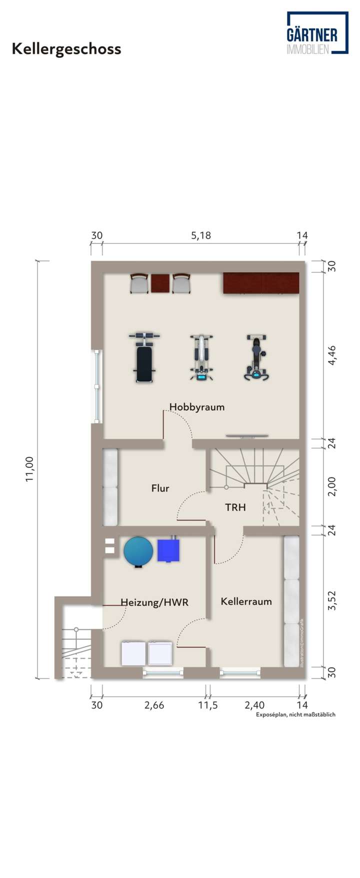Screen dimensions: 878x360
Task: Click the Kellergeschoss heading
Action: [66, 49]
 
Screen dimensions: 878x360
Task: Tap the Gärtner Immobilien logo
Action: [317, 34]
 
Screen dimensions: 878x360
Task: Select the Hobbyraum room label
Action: [197, 407]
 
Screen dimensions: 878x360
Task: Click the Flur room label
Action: [160, 488]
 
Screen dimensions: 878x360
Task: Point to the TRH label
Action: [235, 507]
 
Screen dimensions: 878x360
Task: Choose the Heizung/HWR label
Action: [154, 602]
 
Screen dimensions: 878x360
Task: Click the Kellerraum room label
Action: [246, 601]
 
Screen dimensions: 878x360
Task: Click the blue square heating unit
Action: [169, 550]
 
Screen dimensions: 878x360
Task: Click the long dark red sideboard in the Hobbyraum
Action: [261, 283]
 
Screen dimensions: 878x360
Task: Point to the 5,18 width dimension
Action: [201, 235]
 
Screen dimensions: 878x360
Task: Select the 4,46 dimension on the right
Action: [331, 355]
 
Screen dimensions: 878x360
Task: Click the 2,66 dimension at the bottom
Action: [154, 705]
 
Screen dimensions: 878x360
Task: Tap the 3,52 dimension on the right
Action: [331, 600]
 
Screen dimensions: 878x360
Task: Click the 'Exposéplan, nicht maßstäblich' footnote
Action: [295, 714]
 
